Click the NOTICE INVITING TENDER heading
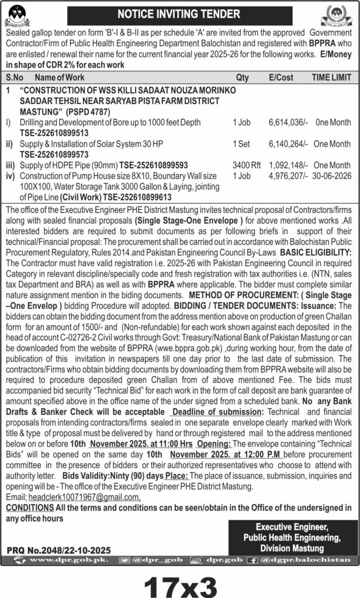(x=179, y=13)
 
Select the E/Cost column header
(x=281, y=77)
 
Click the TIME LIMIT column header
(x=331, y=77)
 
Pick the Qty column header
(x=242, y=77)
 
